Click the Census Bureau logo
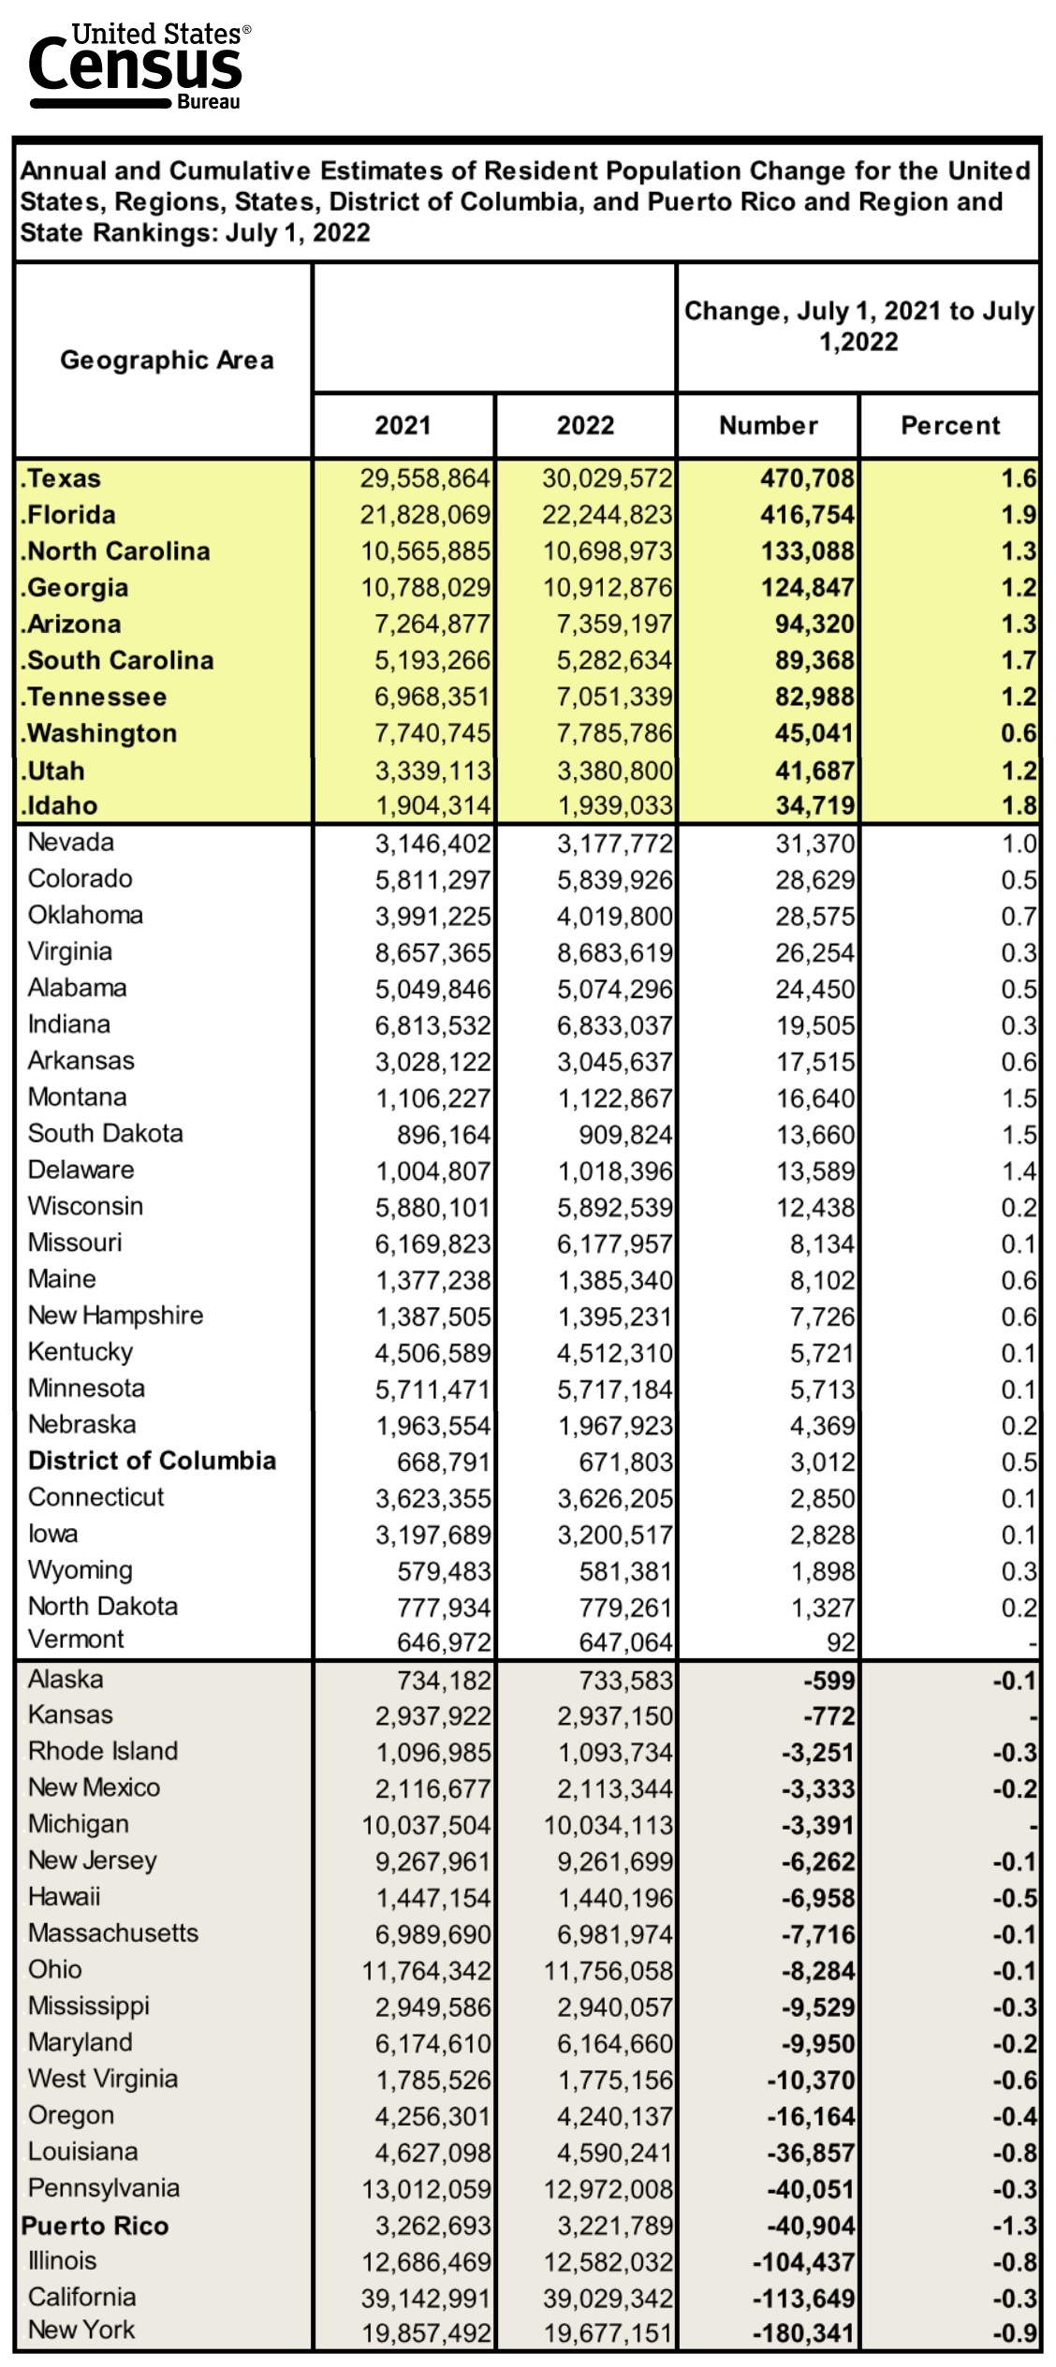139,66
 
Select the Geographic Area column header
167,360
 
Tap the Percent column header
949,426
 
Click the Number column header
768,426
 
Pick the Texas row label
62,478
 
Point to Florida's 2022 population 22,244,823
608,515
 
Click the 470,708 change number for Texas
807,478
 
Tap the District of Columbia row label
152,1462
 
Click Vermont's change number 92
840,1642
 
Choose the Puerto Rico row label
95,2226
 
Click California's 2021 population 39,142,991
426,2299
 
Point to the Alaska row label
66,1680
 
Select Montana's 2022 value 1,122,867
615,1098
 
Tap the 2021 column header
403,426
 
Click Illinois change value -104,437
803,2262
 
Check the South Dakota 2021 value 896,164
443,1135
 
